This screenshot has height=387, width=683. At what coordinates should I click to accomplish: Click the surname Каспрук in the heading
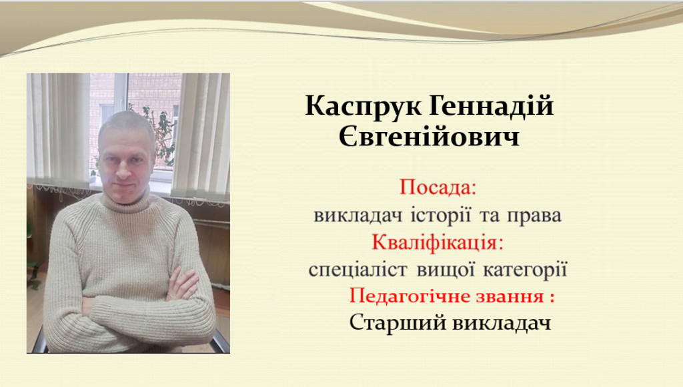tap(364, 106)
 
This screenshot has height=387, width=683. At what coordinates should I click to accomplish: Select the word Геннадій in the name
tap(492, 105)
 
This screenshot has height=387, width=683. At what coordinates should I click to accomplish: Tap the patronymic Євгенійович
tap(429, 137)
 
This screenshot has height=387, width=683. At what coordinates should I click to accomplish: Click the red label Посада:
tap(438, 187)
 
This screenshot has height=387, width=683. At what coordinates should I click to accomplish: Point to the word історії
tap(440, 214)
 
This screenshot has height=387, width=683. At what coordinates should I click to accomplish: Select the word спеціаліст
tap(358, 270)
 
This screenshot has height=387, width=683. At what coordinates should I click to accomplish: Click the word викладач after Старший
tap(502, 324)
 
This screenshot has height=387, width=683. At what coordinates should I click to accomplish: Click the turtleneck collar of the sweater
tap(125, 199)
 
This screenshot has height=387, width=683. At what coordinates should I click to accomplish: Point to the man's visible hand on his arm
tap(182, 284)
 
